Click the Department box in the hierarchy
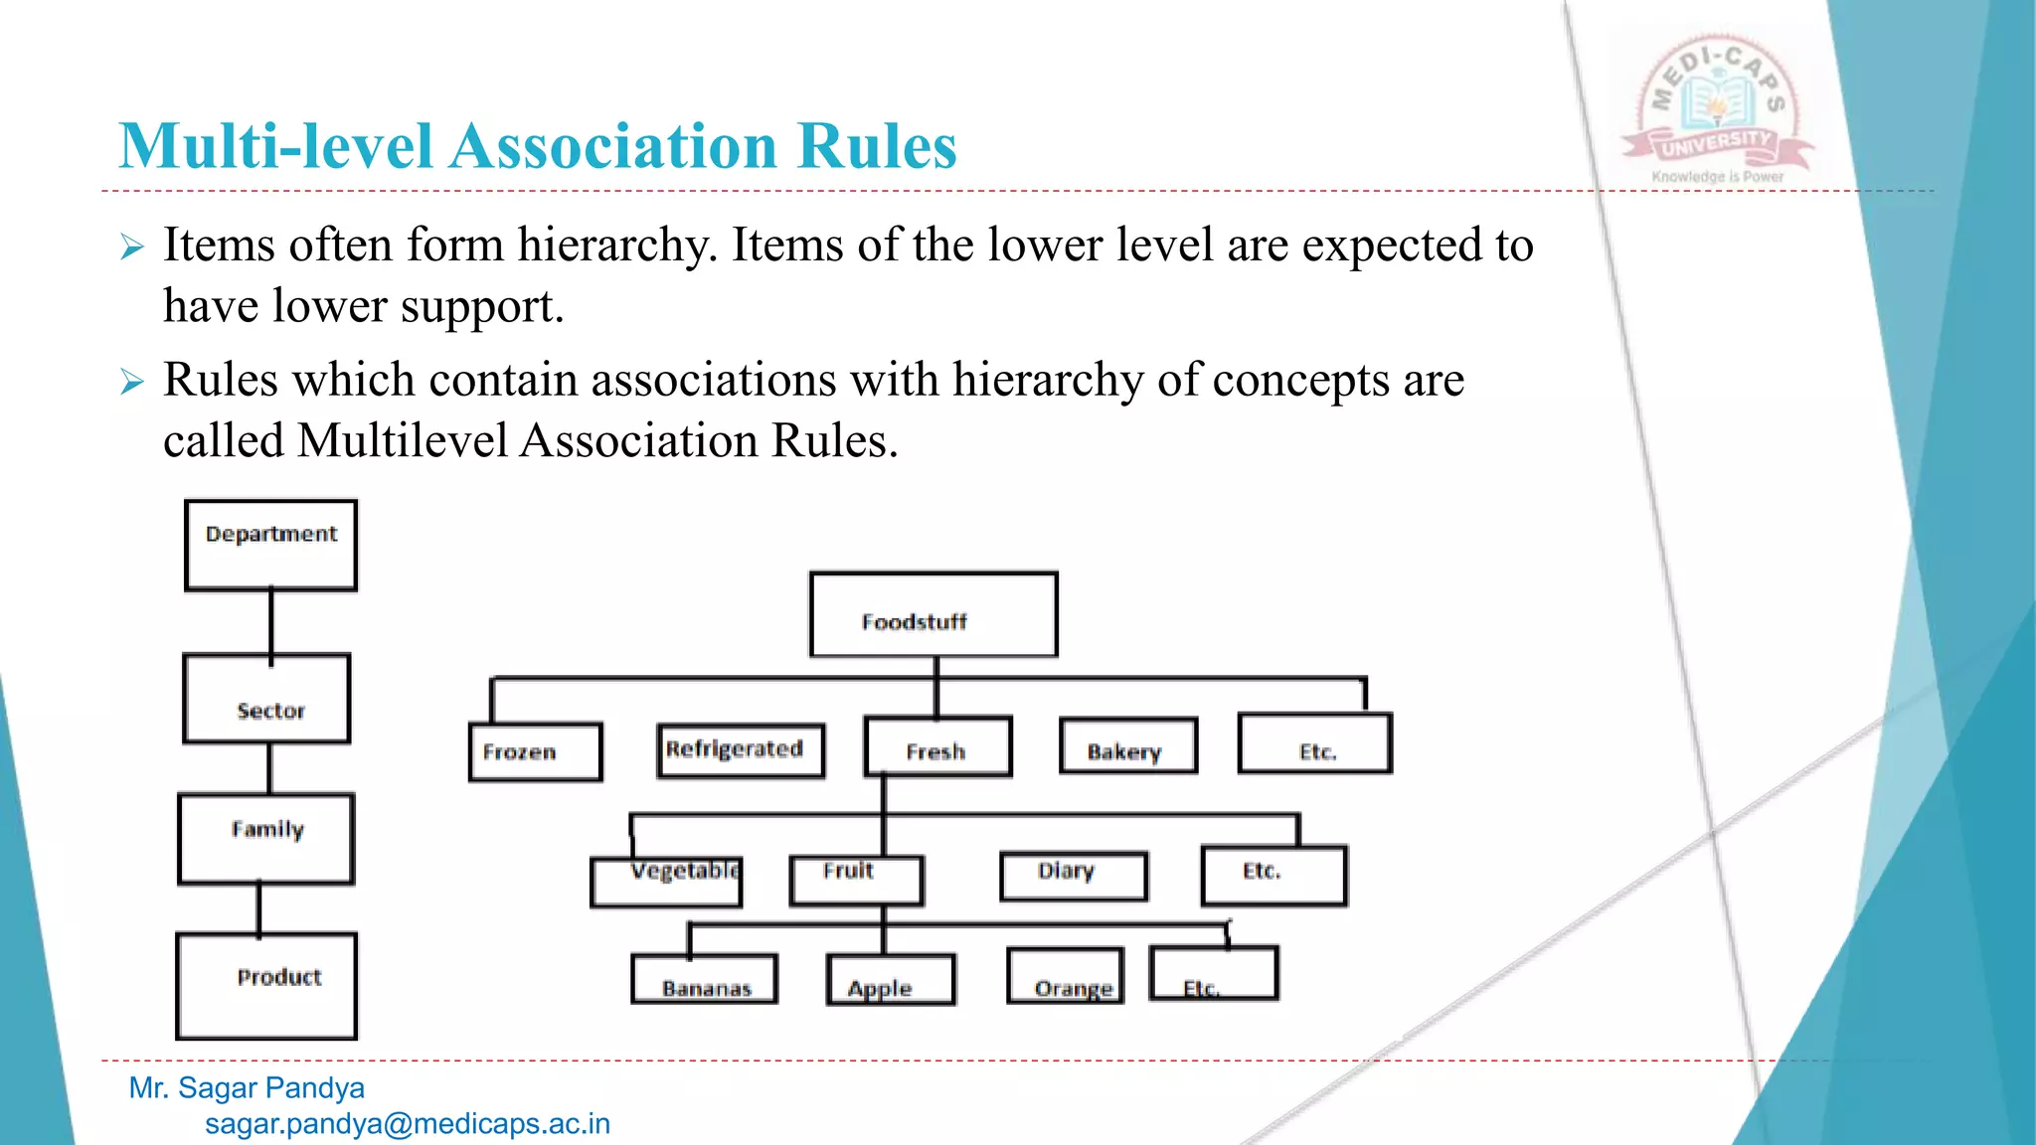point(270,545)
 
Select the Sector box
point(267,699)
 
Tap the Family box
point(266,839)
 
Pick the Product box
point(266,985)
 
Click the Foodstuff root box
point(933,614)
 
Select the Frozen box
point(535,751)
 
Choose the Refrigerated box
point(741,749)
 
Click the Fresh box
point(937,746)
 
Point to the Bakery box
point(1128,745)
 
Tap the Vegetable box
point(666,881)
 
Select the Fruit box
point(856,880)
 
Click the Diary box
point(1074,876)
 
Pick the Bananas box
point(704,979)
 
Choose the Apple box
point(891,980)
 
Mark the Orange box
point(1066,976)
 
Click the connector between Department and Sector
point(270,622)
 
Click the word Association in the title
point(613,147)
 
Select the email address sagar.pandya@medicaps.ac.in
point(408,1124)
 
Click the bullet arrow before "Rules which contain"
point(132,382)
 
